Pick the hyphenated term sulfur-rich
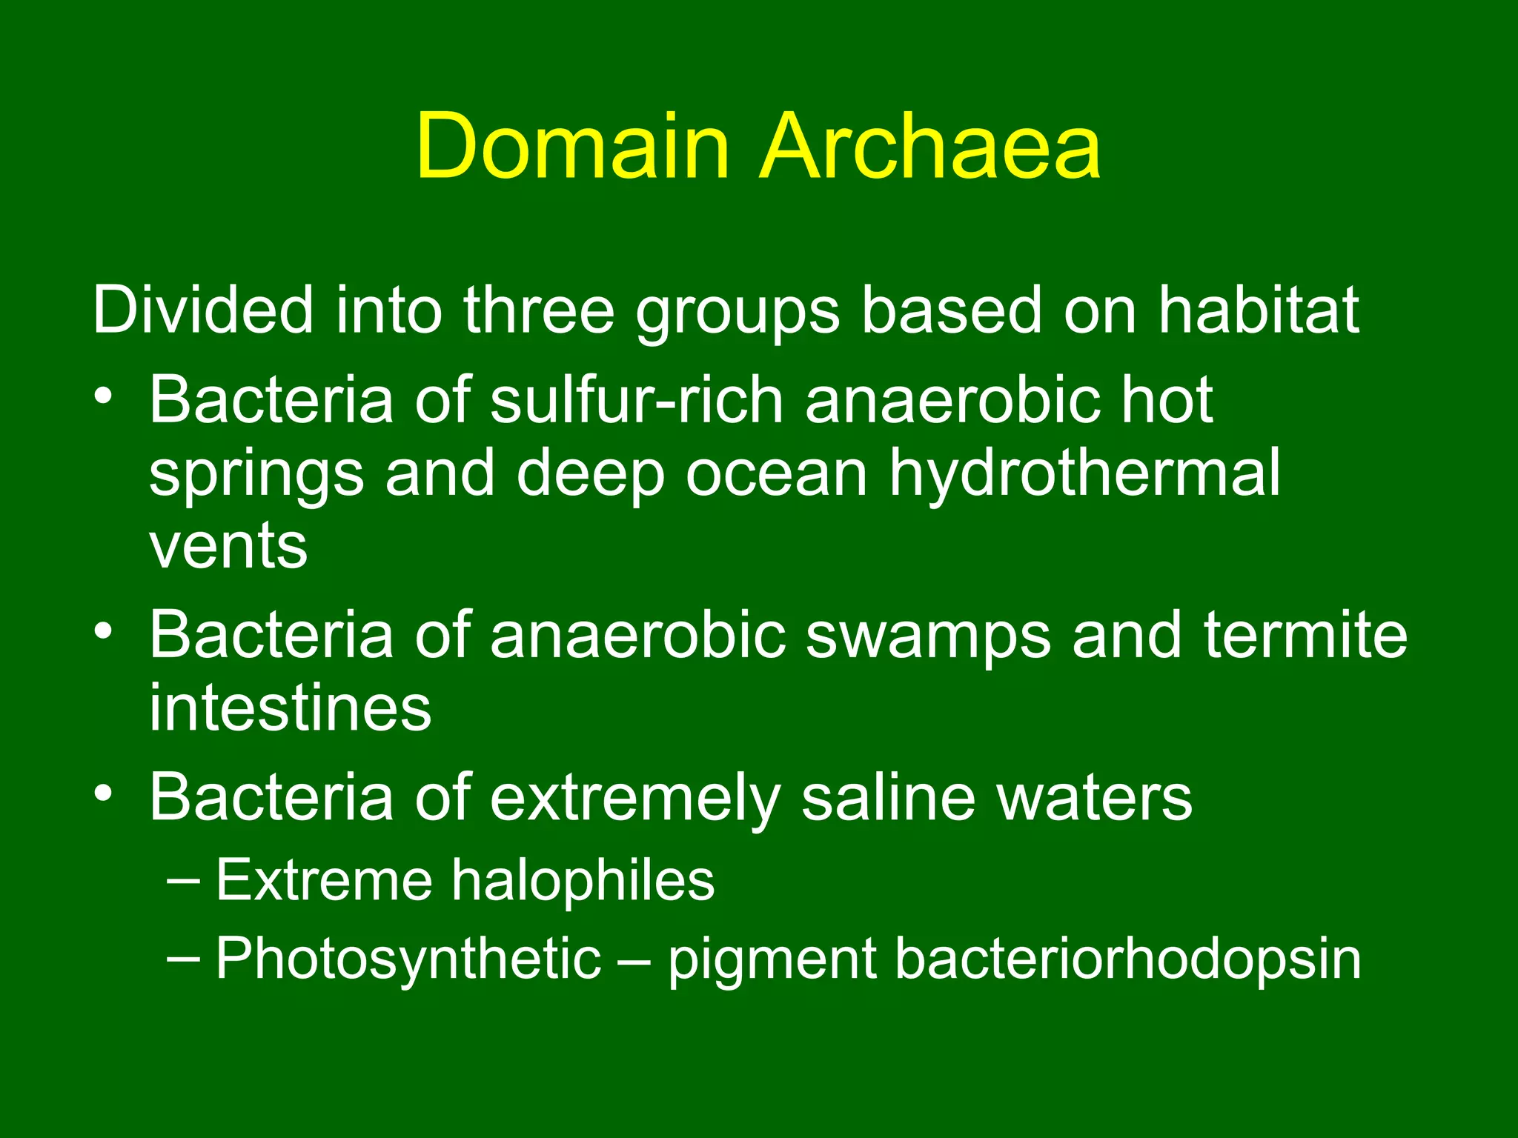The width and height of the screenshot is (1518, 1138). [x=637, y=400]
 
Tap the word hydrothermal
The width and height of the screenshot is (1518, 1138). [x=1084, y=474]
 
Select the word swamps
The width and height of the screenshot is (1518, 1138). [x=928, y=636]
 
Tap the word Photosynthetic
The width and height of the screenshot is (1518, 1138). [x=408, y=959]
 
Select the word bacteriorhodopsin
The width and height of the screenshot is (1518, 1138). [x=1127, y=959]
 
